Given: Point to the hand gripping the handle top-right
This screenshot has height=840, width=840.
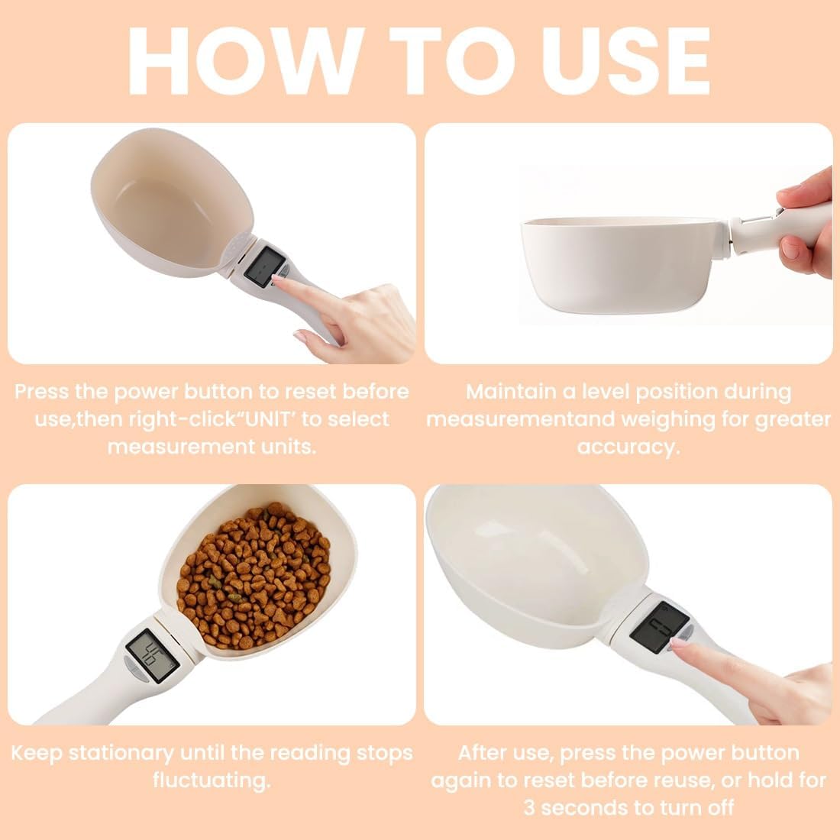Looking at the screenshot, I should [x=802, y=221].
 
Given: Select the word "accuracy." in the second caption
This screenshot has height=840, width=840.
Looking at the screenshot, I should [x=628, y=447].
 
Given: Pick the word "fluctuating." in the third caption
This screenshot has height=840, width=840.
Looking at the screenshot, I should [x=212, y=780].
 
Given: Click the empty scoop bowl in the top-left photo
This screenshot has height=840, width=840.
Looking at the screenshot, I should [x=176, y=206].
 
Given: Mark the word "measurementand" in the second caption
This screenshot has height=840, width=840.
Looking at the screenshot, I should [x=520, y=419].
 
